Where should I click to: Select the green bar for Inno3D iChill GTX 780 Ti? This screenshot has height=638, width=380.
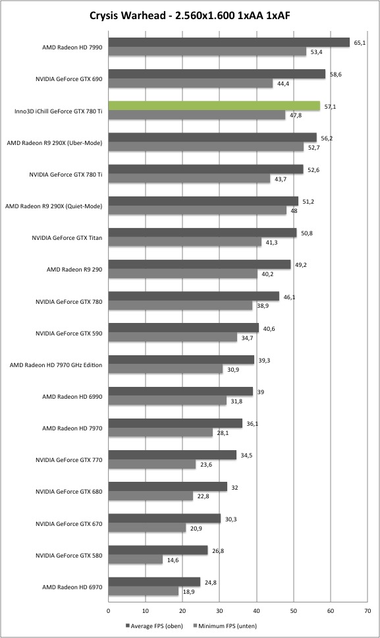click(x=214, y=106)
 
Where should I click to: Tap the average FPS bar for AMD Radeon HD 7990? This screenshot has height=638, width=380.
click(x=229, y=42)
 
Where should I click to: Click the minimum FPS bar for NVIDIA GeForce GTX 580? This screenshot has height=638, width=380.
click(x=136, y=560)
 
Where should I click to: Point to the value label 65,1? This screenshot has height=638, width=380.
click(x=360, y=43)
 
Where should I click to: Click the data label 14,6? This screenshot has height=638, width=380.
click(x=173, y=560)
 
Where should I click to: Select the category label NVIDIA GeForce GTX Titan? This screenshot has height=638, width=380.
click(x=67, y=238)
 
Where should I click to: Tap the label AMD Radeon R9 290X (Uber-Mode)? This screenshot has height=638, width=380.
click(x=55, y=143)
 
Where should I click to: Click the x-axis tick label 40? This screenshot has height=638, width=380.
click(x=256, y=611)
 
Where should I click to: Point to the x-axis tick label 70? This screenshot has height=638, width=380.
click(x=367, y=611)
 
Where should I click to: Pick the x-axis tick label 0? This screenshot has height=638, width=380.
click(x=108, y=611)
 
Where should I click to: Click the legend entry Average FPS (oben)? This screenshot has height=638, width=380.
click(x=154, y=625)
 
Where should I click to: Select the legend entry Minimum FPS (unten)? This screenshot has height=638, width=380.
click(x=225, y=625)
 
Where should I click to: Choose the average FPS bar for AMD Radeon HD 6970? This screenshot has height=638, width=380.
click(x=155, y=582)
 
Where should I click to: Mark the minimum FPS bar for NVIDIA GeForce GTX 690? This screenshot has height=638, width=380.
click(x=190, y=84)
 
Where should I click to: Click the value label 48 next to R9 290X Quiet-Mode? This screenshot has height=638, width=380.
click(x=294, y=211)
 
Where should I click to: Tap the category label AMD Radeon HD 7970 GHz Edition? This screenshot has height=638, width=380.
click(x=56, y=365)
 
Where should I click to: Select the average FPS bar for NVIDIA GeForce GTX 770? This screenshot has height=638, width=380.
click(x=173, y=455)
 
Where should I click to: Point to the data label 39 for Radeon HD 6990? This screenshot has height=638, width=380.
click(x=261, y=392)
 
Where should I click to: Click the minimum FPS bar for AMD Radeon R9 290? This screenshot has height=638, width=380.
click(x=183, y=274)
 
